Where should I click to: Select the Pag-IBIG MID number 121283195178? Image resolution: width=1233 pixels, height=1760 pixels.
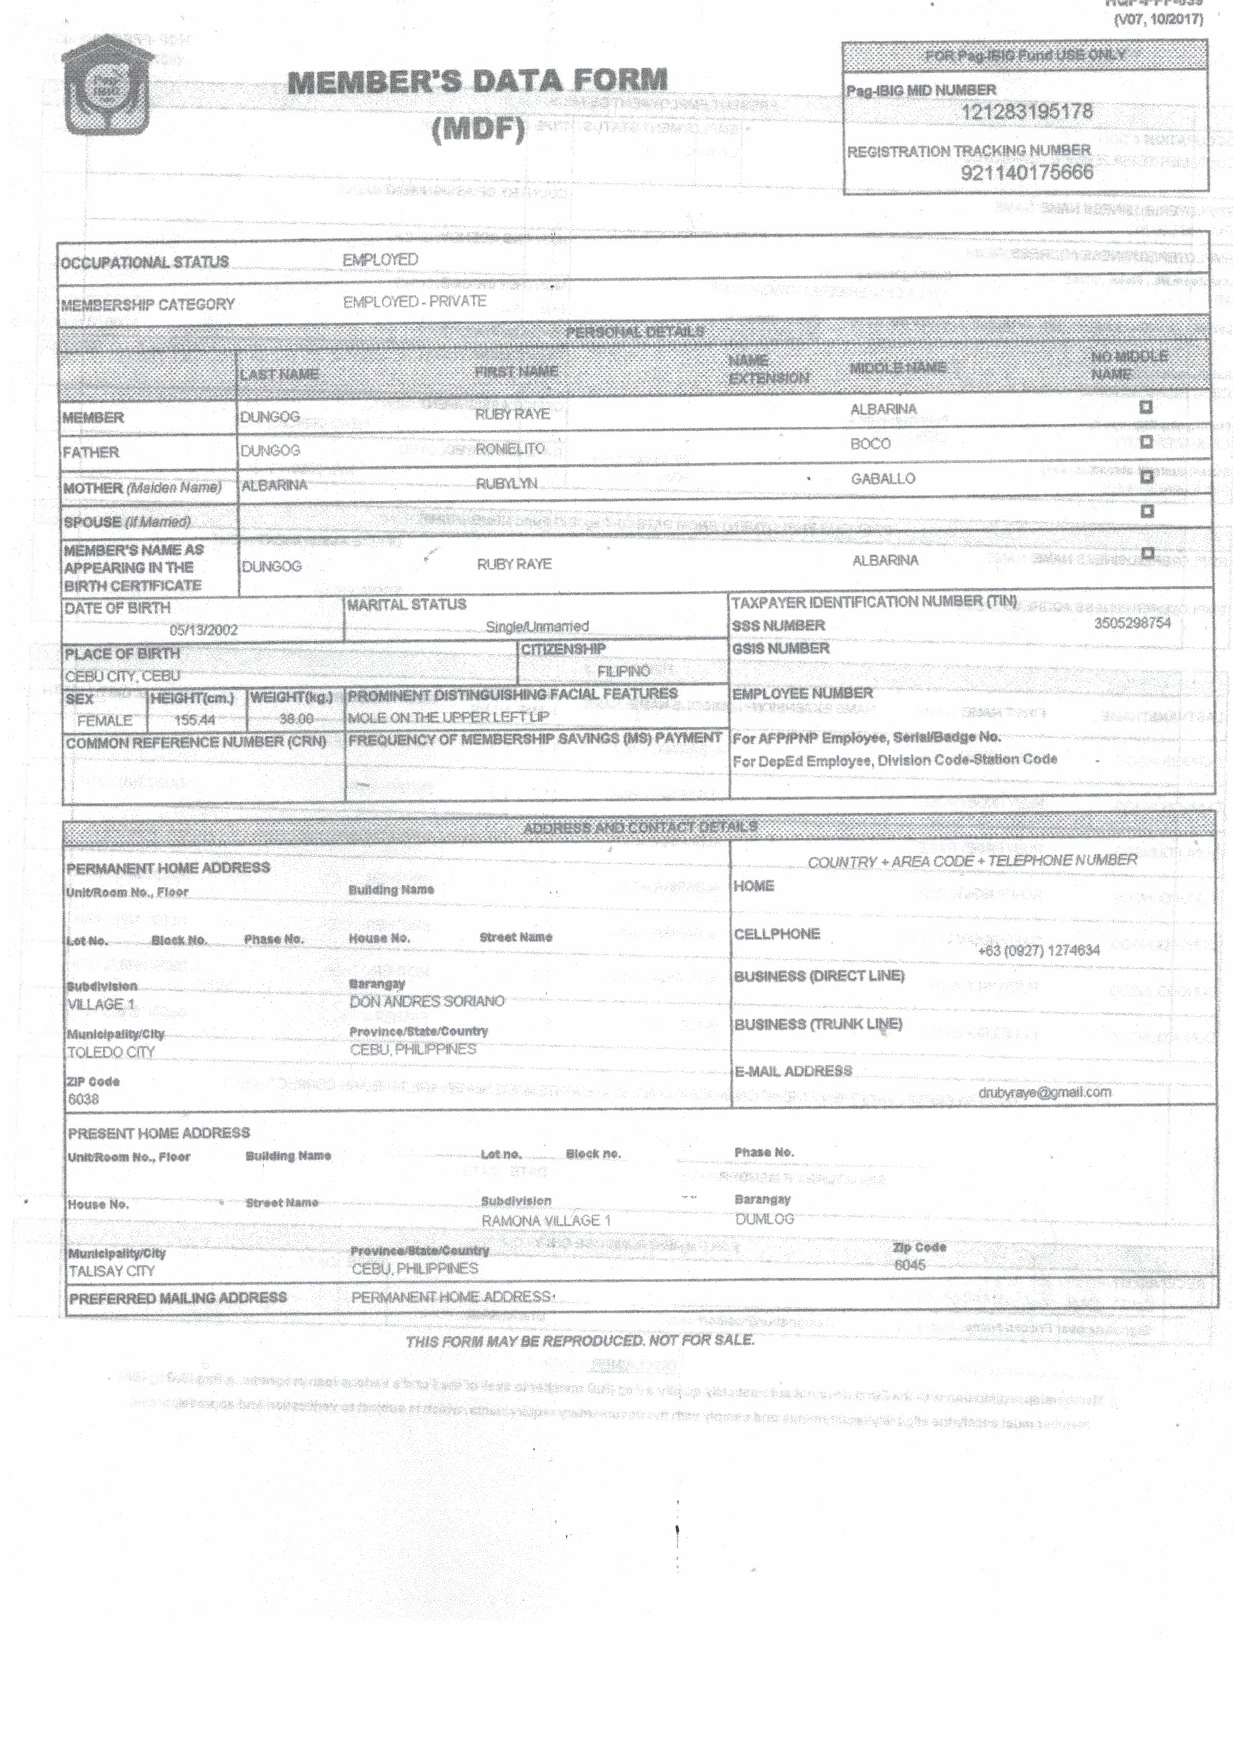[x=1026, y=112]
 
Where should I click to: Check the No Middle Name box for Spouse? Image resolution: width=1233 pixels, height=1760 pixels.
[x=1147, y=511]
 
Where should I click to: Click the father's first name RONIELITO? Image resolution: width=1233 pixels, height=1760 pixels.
[x=510, y=449]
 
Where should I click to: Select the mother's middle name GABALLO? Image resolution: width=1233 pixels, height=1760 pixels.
[x=882, y=478]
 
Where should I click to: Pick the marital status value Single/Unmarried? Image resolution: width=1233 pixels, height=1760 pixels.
[x=536, y=626]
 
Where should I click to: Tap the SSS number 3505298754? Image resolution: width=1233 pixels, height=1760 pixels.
[x=1132, y=623]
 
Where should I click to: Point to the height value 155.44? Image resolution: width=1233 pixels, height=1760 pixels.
[x=194, y=720]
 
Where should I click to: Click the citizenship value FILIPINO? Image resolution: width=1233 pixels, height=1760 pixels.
[x=623, y=671]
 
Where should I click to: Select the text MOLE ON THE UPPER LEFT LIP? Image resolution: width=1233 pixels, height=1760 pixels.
[x=448, y=717]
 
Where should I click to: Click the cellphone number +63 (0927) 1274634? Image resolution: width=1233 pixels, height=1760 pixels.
[x=1039, y=950]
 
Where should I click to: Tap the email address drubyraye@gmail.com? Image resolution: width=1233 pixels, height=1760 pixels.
[x=1044, y=1092]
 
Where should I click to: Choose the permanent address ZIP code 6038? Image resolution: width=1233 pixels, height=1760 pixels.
[x=83, y=1099]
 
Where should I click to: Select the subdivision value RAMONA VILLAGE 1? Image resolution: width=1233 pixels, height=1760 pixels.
[x=546, y=1220]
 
